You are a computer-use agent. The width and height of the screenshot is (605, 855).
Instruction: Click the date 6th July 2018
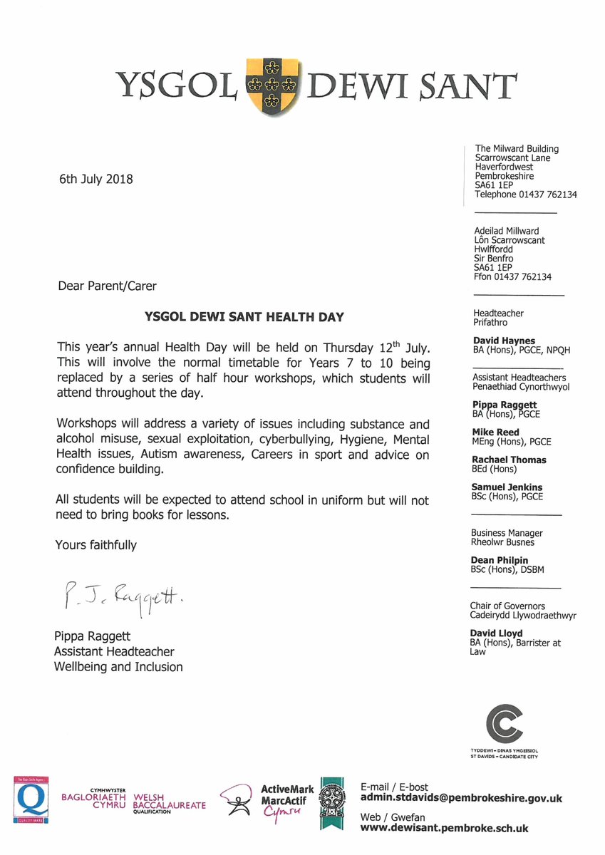[x=95, y=179]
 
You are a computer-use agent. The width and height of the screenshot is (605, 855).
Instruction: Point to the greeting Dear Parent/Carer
[x=107, y=286]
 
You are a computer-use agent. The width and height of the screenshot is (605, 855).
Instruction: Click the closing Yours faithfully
[x=95, y=545]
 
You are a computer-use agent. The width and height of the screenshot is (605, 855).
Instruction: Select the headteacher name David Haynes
[x=503, y=341]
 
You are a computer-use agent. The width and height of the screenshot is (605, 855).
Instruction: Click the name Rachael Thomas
[x=509, y=460]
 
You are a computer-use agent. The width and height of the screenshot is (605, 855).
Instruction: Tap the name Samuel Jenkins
[x=507, y=487]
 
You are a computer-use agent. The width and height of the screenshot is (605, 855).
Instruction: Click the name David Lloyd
[x=496, y=633]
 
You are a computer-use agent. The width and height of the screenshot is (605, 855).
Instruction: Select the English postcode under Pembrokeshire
[x=492, y=185]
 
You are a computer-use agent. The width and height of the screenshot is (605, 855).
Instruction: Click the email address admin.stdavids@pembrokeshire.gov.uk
[x=462, y=799]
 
